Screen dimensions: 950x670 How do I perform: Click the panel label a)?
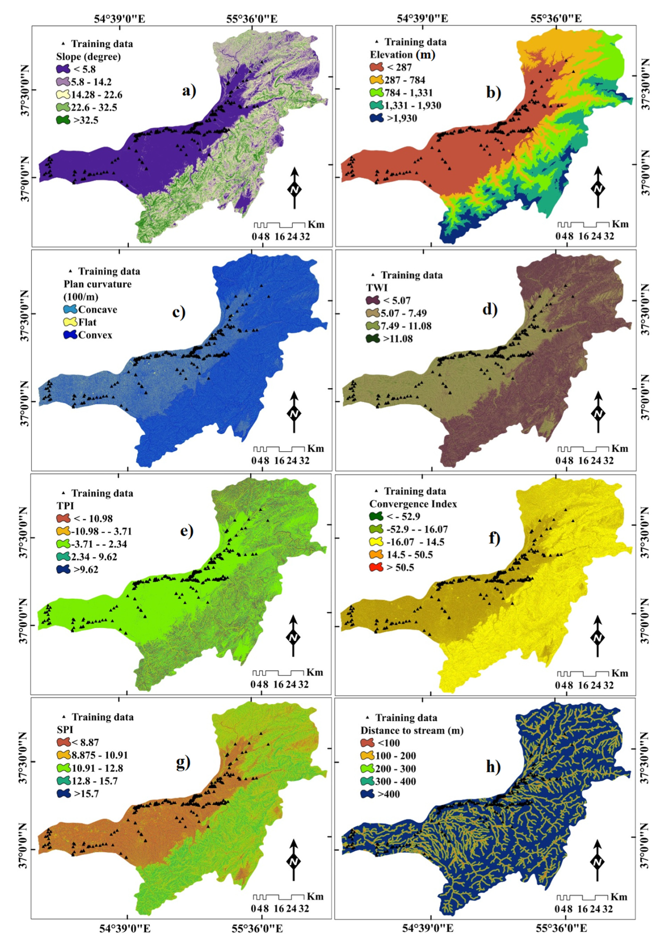[x=189, y=90]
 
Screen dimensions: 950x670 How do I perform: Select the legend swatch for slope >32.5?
[x=64, y=120]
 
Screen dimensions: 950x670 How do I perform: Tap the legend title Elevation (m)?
[x=402, y=55]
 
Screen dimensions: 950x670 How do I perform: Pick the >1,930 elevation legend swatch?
[x=377, y=118]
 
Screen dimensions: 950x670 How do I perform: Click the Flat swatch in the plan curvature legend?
[x=70, y=322]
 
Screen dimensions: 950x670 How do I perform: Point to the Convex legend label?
[x=95, y=335]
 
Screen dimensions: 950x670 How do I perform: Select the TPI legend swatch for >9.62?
[x=64, y=569]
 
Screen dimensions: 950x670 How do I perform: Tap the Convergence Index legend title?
[x=413, y=504]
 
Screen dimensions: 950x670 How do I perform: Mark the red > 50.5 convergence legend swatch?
[x=377, y=567]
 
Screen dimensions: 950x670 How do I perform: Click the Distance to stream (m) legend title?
[x=412, y=730]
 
